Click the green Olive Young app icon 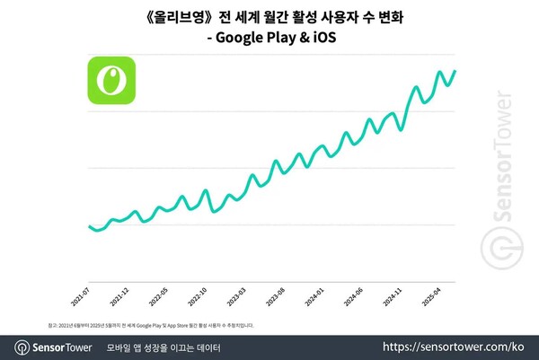[110, 80]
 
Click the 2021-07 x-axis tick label [81, 296]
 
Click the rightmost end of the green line [455, 71]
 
